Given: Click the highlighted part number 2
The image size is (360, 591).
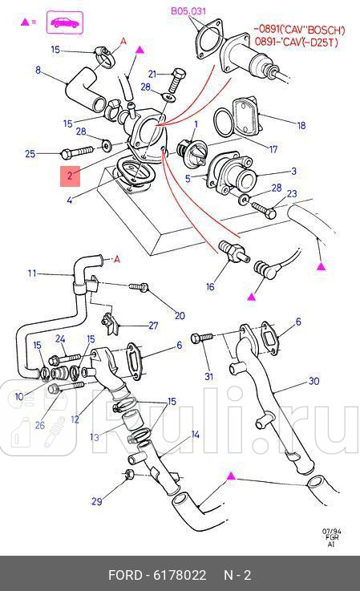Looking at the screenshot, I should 70,175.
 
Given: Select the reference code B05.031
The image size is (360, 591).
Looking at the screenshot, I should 188,10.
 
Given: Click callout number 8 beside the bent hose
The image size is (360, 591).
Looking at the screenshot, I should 38,71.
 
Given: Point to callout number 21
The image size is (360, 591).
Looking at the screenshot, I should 152,74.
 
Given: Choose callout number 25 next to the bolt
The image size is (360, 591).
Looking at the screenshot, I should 30,153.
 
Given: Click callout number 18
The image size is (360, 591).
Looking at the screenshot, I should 301,126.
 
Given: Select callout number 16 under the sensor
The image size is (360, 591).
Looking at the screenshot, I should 210,286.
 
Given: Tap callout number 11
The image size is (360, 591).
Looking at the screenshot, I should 32,273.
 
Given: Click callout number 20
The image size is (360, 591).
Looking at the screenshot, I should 180,315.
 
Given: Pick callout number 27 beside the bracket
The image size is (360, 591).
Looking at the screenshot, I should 153,326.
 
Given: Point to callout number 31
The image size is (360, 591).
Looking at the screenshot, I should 209,377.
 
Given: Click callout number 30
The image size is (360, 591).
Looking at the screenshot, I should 313,381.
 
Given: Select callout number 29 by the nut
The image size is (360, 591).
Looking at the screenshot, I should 96,502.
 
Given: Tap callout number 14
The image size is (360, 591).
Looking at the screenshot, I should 194,435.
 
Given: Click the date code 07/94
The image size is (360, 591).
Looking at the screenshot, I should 330,530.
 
